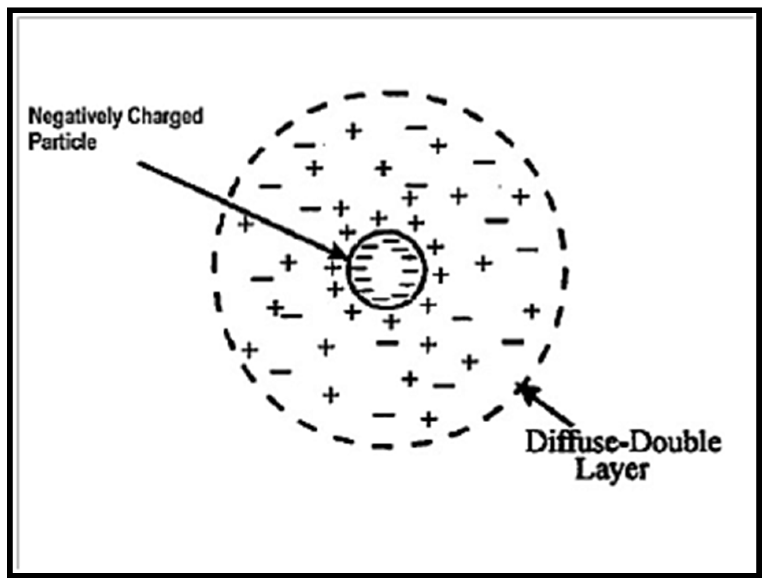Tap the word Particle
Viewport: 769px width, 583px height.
62,142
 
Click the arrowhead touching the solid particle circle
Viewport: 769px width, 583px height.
339,252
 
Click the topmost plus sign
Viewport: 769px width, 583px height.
353,131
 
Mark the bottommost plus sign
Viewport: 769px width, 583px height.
429,419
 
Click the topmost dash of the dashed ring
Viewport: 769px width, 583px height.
395,94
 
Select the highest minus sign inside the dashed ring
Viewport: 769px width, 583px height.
416,127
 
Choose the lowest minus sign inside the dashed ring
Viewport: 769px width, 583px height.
383,415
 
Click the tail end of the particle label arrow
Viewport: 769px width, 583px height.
139,163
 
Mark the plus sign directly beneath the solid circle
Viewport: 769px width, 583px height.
391,321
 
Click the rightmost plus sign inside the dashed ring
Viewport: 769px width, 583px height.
531,311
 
